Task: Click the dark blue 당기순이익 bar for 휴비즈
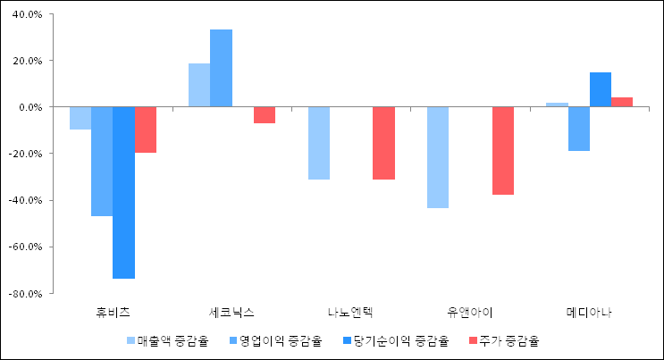click(123, 192)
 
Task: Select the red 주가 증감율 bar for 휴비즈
click(146, 130)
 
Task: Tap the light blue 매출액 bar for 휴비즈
click(80, 118)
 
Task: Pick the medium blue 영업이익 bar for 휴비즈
click(102, 161)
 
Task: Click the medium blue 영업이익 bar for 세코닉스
click(221, 68)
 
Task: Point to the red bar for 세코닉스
click(265, 114)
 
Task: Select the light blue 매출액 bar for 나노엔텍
click(319, 143)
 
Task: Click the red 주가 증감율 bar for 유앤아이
click(503, 150)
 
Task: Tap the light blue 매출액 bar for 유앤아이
click(438, 157)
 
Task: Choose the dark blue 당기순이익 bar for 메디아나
click(601, 89)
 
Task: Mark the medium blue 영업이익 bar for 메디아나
click(579, 129)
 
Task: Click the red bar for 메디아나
click(622, 102)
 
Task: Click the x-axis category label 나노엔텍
click(350, 313)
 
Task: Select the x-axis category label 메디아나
click(590, 313)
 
